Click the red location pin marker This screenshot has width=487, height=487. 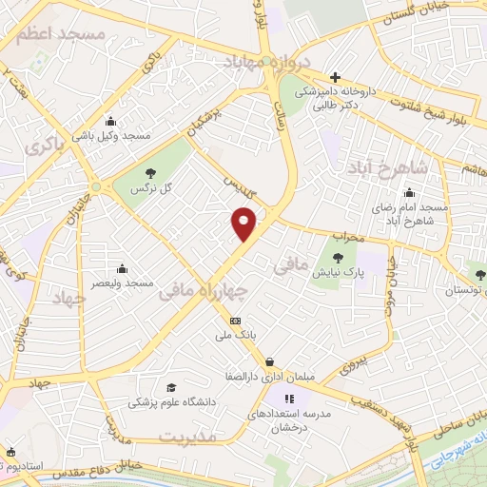click(244, 224)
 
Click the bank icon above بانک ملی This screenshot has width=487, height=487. click(236, 321)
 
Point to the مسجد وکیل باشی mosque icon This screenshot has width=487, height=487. click(111, 121)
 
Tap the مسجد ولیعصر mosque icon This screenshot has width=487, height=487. click(122, 269)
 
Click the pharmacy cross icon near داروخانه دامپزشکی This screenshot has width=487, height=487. click(334, 77)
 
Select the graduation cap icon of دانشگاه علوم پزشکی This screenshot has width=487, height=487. click(171, 387)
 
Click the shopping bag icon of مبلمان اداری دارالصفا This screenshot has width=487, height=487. click(273, 360)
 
